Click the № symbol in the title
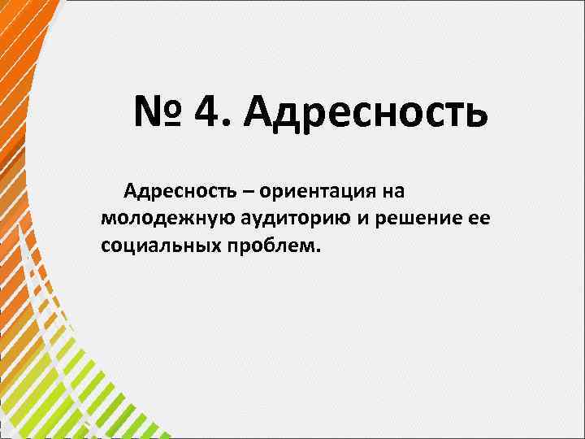tap(161, 113)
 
